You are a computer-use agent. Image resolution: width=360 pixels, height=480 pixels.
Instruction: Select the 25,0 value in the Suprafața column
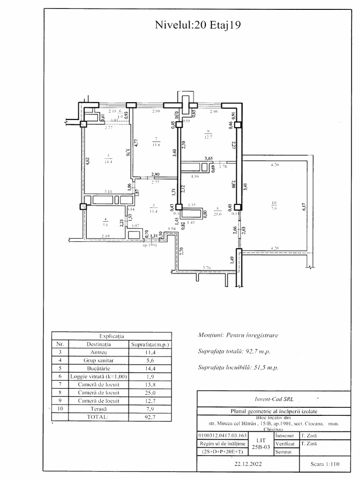150,392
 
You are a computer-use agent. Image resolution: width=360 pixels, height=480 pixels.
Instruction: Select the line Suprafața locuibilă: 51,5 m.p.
239,367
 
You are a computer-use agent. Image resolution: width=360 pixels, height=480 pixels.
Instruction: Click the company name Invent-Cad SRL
274,399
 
